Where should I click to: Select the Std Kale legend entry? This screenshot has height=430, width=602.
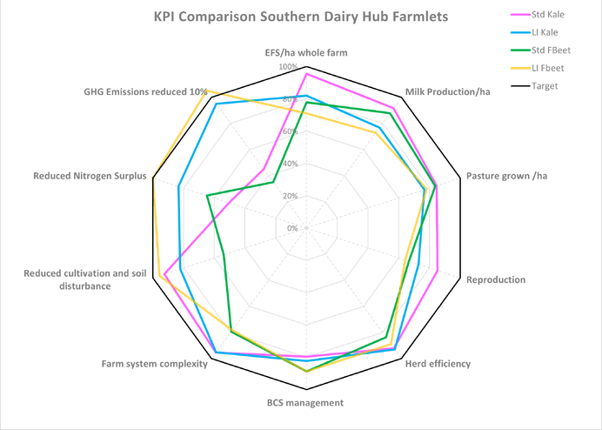pos(547,14)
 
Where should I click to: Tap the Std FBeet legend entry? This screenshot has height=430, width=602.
pos(550,50)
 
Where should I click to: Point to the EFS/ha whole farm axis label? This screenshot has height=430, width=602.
pos(306,53)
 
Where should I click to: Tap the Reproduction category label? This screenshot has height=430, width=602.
pos(496,280)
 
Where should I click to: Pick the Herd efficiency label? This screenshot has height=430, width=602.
pos(438,364)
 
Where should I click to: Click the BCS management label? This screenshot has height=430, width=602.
pos(305,403)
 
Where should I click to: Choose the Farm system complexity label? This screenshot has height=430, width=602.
pos(154,364)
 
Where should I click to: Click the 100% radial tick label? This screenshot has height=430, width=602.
pos(288,67)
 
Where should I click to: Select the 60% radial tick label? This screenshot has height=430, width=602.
pos(290,131)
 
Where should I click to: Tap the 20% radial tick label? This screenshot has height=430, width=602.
pos(290,196)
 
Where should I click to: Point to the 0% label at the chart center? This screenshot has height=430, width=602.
pos(292,228)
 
